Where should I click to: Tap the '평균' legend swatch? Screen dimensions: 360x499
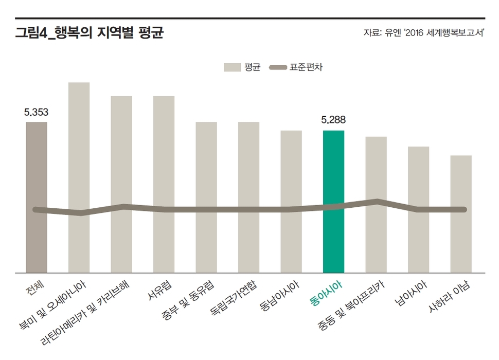click(x=232, y=67)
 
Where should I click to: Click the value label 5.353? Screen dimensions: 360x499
click(x=36, y=112)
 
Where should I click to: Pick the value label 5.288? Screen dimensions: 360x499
click(x=333, y=120)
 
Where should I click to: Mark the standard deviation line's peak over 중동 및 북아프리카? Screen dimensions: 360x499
click(x=377, y=201)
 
